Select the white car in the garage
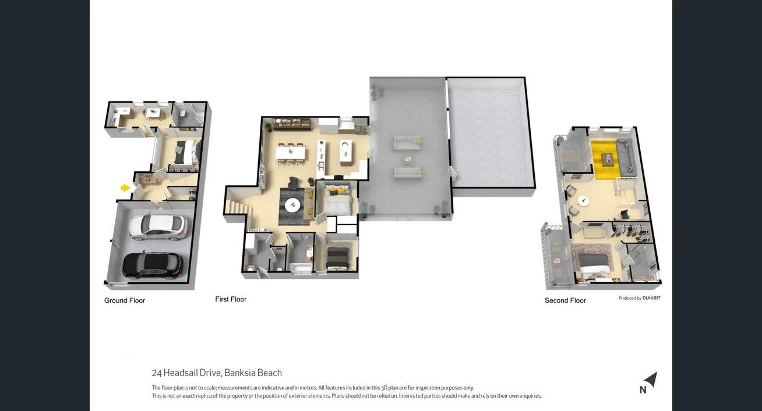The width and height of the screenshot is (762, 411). click(x=157, y=226)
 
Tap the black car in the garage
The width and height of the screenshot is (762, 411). click(x=153, y=264)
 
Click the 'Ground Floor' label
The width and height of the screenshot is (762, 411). click(x=125, y=300)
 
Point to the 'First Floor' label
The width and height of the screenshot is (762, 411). click(x=231, y=299)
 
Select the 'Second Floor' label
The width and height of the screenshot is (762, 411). click(x=565, y=300)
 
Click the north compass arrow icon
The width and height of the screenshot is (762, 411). click(x=650, y=380)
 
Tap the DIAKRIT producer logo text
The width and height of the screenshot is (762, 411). click(x=651, y=298)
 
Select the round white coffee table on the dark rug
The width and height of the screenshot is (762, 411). click(x=292, y=204)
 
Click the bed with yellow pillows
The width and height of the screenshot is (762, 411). click(x=336, y=200)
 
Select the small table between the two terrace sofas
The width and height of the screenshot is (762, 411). click(x=408, y=158)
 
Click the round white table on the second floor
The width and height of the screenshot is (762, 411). click(x=583, y=201)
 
